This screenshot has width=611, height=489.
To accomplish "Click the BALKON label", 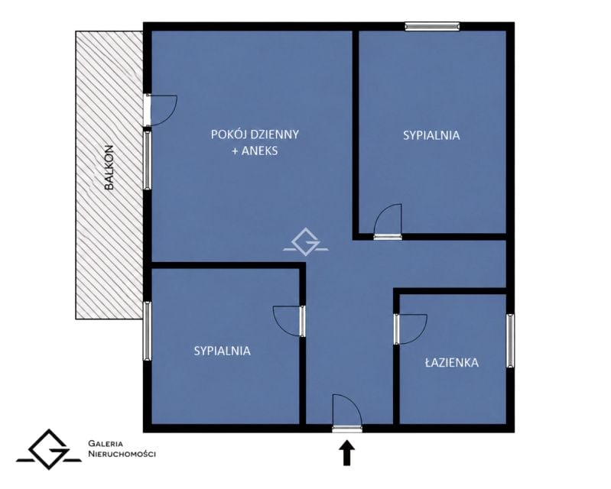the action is (109, 167).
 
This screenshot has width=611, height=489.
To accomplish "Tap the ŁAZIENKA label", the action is (452, 362).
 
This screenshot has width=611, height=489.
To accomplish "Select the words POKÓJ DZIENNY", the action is (255, 134).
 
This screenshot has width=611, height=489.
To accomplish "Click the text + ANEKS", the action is (255, 151).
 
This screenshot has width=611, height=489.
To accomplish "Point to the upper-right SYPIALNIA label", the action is (431, 135).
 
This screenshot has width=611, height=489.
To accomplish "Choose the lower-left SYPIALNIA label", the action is (222, 351).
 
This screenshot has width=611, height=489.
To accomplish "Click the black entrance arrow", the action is (346, 453).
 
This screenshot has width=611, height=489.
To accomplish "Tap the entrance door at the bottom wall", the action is (347, 413).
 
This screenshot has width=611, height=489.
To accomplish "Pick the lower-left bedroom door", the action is (289, 322).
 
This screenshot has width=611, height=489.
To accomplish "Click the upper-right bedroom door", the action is (388, 221).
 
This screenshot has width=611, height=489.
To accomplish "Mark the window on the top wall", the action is (432, 27).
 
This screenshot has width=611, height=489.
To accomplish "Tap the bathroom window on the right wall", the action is (510, 341).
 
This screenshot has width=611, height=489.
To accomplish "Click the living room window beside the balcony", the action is (148, 160).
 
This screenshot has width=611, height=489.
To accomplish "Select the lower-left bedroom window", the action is (148, 331).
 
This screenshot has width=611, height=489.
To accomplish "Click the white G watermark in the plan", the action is (306, 241).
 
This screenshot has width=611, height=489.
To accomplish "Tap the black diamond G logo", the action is (49, 450).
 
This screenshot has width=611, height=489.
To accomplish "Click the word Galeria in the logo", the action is (106, 443).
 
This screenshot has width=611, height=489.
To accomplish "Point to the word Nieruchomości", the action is (122, 454).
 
